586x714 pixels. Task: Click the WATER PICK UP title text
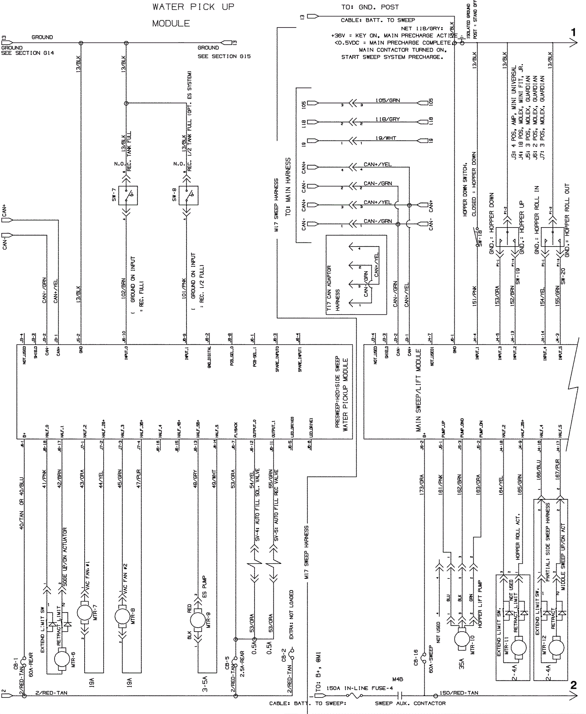[x=193, y=7]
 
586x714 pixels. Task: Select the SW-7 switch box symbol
[x=128, y=195]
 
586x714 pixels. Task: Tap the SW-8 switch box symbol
[x=188, y=195]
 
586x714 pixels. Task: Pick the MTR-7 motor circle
[x=85, y=613]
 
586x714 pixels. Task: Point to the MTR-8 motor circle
[x=122, y=617]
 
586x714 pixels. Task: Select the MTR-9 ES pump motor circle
[x=198, y=620]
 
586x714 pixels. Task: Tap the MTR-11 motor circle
[x=518, y=648]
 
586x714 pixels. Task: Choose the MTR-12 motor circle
[x=556, y=648]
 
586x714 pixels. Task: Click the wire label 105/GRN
[x=387, y=100]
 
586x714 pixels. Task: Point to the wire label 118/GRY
[x=387, y=119]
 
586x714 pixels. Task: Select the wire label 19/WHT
[x=386, y=138]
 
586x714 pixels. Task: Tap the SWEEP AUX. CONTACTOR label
[x=410, y=703]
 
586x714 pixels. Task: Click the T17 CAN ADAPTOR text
[x=329, y=288]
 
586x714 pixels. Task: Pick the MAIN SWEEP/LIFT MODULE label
[x=418, y=390]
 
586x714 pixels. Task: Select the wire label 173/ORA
[x=422, y=483]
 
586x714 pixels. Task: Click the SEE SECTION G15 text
[x=224, y=56]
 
